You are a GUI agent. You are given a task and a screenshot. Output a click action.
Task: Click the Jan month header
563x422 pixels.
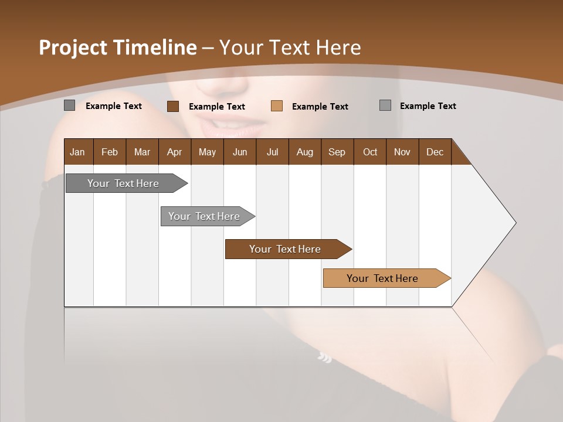[78, 152]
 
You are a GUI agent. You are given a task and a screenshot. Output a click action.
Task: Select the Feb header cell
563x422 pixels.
[110, 152]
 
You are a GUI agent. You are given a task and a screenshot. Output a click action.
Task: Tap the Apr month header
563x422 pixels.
[175, 152]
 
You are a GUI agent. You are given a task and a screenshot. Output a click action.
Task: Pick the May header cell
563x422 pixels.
[207, 152]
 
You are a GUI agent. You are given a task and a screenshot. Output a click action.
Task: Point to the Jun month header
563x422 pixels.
[240, 152]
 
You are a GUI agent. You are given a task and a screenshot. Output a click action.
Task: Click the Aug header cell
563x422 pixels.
[305, 152]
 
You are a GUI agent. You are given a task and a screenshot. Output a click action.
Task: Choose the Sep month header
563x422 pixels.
[337, 152]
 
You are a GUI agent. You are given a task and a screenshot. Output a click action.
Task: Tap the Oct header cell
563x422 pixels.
[370, 152]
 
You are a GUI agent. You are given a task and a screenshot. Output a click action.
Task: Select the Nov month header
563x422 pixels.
[402, 152]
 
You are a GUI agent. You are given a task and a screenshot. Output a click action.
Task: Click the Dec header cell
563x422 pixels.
[435, 152]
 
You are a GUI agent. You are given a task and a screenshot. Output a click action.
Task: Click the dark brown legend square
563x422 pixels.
[173, 106]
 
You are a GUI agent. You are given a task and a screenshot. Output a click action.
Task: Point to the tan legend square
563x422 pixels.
[277, 106]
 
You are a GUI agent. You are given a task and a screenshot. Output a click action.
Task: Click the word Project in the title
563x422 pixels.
[72, 47]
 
